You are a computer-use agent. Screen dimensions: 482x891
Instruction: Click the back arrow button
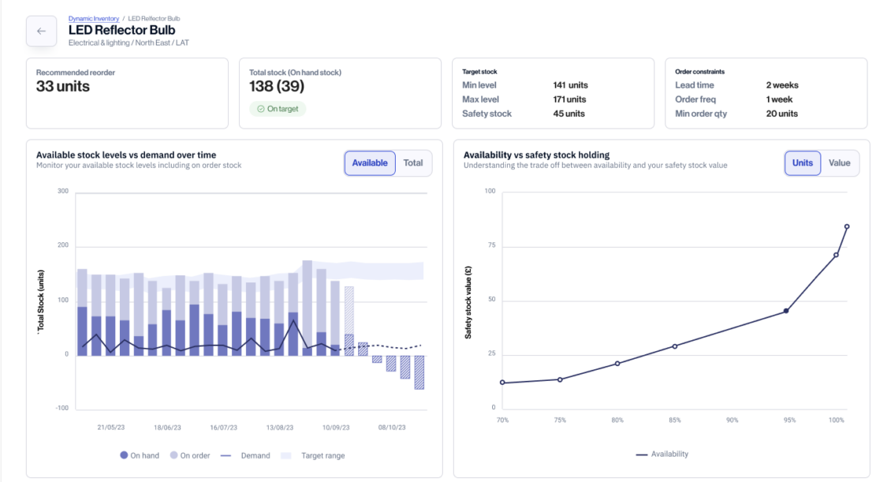point(41,32)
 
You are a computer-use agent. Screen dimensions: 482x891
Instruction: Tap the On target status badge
point(278,109)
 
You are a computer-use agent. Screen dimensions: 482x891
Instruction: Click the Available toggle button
point(370,163)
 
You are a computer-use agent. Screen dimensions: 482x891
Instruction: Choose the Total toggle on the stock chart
point(413,163)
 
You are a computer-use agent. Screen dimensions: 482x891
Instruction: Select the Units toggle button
point(803,163)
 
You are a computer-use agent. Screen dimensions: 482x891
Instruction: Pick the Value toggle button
point(840,163)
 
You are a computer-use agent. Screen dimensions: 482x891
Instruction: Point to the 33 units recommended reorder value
point(63,87)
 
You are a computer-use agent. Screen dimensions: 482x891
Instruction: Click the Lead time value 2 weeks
point(782,85)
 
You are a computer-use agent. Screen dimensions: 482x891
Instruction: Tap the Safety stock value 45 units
point(569,114)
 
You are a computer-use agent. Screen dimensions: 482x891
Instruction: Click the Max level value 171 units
point(570,99)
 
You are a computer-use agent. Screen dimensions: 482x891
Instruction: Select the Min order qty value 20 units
point(782,114)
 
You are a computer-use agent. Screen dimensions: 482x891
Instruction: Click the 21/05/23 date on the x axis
point(112,427)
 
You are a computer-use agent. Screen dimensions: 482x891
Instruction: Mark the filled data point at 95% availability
point(786,311)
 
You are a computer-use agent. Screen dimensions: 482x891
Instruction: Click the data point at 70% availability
point(502,383)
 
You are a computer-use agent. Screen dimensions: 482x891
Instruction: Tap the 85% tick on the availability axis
point(674,420)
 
